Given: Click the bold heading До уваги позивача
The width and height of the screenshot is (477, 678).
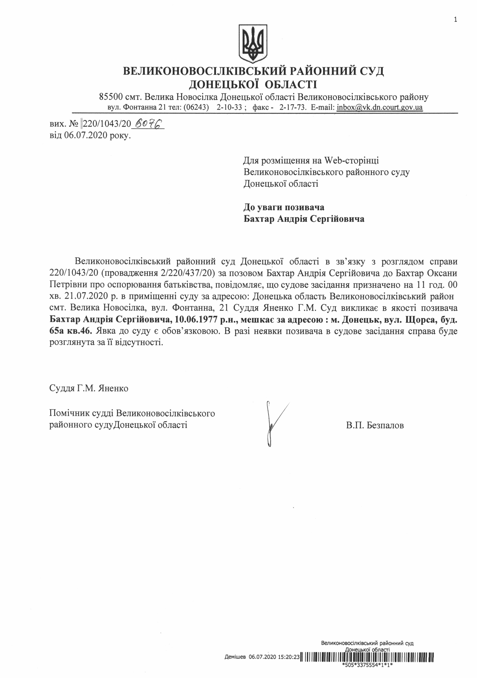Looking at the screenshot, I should [283, 207].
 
